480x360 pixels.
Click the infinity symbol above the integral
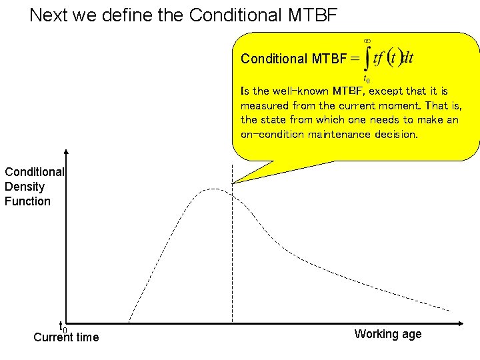[366, 41]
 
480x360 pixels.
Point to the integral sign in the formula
[366, 59]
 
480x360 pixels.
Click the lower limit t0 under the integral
[366, 78]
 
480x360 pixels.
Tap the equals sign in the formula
[355, 59]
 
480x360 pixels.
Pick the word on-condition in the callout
[271, 134]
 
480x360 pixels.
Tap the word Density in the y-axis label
[24, 187]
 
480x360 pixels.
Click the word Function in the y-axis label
[27, 201]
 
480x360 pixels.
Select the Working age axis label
[388, 334]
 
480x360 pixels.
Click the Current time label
[66, 337]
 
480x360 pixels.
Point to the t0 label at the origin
[63, 327]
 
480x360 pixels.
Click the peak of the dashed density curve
[212, 190]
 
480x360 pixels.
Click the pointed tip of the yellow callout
[234, 182]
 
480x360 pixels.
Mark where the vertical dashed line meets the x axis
[232, 323]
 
